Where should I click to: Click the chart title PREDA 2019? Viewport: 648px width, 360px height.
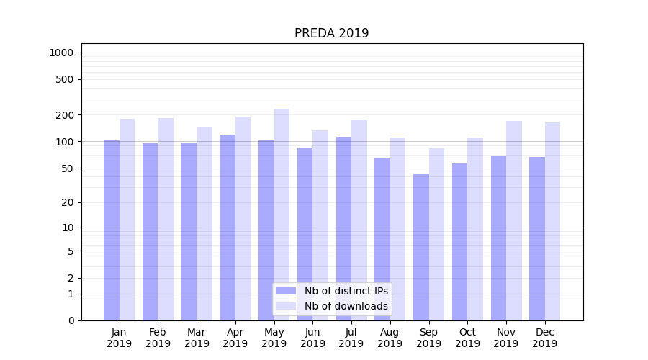(x=331, y=33)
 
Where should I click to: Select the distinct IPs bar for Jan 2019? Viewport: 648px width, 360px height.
(x=112, y=230)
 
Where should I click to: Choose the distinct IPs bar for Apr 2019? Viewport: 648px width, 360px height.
(x=228, y=228)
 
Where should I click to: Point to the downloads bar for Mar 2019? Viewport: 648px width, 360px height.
(x=204, y=223)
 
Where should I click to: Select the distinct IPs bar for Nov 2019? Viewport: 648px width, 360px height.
(x=498, y=238)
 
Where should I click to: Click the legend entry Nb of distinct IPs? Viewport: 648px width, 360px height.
(x=346, y=291)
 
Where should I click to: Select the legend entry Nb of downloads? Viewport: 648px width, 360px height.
(x=346, y=306)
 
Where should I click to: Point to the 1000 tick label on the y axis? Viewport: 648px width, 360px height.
(x=61, y=53)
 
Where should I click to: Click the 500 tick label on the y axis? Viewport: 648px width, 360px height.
(x=65, y=79)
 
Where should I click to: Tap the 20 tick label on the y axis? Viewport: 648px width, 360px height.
(x=68, y=202)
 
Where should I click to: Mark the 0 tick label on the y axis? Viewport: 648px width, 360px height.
(x=71, y=320)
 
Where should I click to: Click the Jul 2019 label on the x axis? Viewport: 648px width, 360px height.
(x=351, y=338)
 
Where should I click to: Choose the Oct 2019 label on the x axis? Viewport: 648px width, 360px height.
(x=467, y=338)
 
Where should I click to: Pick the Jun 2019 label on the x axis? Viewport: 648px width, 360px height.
(x=312, y=338)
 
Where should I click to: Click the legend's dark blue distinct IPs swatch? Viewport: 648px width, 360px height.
(x=286, y=291)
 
